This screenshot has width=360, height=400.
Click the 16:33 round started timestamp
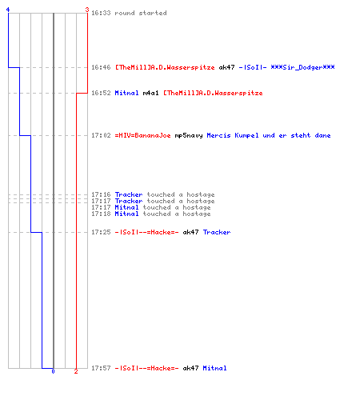[101, 13]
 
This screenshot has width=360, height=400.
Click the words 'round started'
[141, 13]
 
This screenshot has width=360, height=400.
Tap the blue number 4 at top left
[8, 10]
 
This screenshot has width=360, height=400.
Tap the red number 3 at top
[87, 10]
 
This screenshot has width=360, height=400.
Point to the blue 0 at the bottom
[53, 371]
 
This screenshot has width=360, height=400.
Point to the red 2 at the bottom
[76, 371]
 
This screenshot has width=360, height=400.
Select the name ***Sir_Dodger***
[302, 67]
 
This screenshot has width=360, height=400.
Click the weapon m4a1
[150, 93]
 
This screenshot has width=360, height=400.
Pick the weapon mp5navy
[189, 135]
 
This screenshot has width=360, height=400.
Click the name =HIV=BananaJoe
[142, 135]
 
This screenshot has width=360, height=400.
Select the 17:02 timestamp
[101, 135]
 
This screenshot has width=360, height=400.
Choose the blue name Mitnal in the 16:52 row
[126, 93]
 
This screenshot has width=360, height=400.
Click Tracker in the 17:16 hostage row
[129, 194]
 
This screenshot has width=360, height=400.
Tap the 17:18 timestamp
[101, 214]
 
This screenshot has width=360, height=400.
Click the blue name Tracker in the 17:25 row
[217, 232]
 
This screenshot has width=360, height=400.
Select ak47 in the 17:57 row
[190, 368]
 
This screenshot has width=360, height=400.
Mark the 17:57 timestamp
[101, 368]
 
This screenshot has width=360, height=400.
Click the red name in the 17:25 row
[146, 232]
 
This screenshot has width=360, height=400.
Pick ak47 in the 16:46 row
[226, 67]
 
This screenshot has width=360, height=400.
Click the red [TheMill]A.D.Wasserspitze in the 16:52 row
[213, 93]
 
